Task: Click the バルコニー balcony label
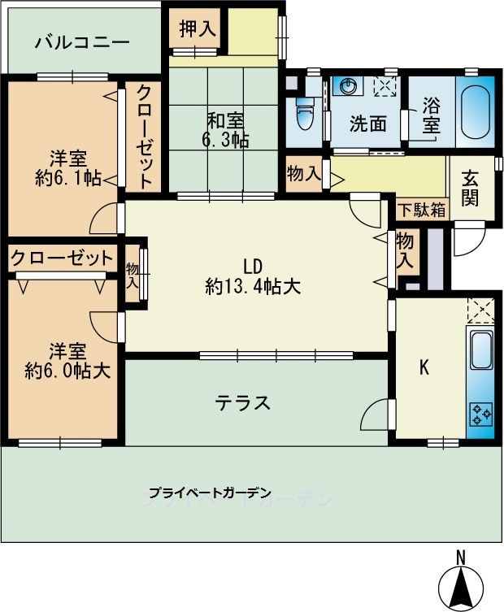pos(82,42)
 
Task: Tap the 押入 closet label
pos(198,28)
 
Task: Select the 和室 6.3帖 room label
pos(226,130)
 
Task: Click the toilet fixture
pos(305,113)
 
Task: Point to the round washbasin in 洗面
pos(347,85)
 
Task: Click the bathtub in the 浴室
pos(475,111)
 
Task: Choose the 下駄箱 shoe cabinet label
pos(422,210)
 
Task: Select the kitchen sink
pos(480,350)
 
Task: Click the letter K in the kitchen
pos(424,367)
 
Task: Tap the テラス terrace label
pos(243,402)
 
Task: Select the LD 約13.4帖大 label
pos(253,276)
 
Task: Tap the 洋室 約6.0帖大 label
pos(67,361)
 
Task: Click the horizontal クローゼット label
pos(62,258)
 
